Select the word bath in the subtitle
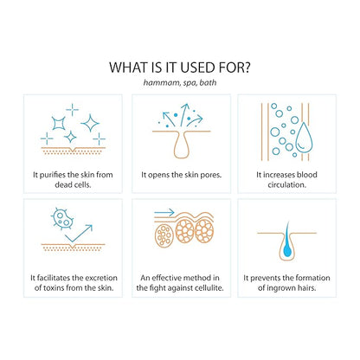click(x=208, y=82)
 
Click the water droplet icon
click(x=305, y=138)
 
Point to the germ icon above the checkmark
click(x=61, y=218)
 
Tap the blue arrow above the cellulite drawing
click(x=164, y=213)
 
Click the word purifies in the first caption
click(x=52, y=175)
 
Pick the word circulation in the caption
click(x=286, y=184)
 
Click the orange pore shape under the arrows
click(x=182, y=144)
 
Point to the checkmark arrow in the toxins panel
click(x=79, y=233)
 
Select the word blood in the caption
click(x=307, y=175)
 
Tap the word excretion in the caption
click(x=101, y=278)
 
